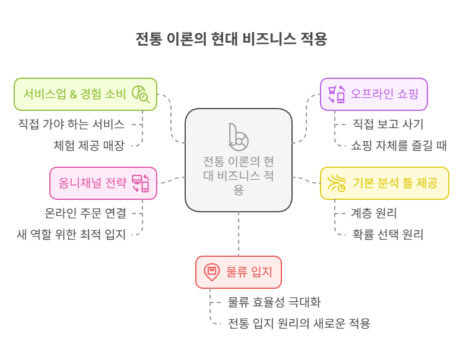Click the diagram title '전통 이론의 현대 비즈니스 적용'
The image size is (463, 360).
point(231,39)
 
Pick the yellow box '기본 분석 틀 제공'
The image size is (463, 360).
point(384,183)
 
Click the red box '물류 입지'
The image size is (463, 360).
point(238,272)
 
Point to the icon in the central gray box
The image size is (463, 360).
point(238,138)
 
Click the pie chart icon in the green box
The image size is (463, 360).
point(140,94)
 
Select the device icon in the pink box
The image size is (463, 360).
point(140,183)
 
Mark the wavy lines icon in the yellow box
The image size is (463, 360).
point(337,183)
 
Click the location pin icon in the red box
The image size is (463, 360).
point(211,272)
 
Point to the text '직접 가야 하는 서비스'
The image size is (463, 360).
point(71,125)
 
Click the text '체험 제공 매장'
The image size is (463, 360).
point(90,145)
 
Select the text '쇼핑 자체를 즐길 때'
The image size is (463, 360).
point(399,145)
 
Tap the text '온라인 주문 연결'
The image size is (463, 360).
point(85,212)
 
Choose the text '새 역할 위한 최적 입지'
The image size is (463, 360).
point(71,234)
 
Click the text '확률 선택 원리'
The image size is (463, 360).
point(388,234)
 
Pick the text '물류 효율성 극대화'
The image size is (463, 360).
point(274,302)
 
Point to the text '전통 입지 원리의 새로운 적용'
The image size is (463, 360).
point(299,324)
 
